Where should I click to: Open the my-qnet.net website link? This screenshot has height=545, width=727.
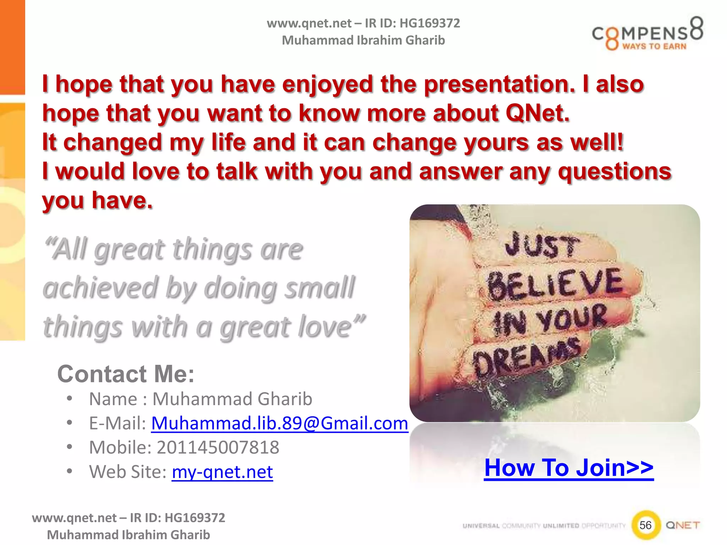click(222, 472)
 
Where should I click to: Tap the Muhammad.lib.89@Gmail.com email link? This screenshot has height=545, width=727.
click(280, 423)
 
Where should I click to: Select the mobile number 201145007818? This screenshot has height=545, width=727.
click(218, 447)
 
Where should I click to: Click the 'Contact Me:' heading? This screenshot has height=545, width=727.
click(126, 374)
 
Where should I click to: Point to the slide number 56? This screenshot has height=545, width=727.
click(645, 525)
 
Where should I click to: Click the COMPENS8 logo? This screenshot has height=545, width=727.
click(647, 34)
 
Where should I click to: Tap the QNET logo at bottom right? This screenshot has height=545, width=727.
click(683, 525)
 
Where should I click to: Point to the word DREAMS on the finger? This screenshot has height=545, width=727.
click(527, 357)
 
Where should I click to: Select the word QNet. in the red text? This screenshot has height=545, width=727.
click(537, 113)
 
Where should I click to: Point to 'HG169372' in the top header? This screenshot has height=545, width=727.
click(430, 23)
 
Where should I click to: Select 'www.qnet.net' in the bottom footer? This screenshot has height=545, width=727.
click(74, 518)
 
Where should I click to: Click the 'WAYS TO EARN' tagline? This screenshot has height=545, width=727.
click(654, 46)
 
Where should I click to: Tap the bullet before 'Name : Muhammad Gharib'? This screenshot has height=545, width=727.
click(70, 398)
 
